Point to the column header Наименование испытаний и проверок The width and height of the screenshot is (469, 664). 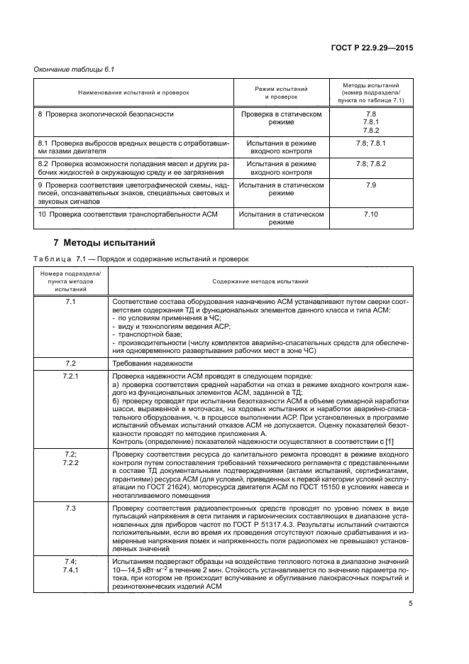click(135, 93)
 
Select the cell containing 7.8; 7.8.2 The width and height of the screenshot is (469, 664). click(370, 163)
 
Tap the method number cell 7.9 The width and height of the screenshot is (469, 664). click(370, 185)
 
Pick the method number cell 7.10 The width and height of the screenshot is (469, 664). click(370, 213)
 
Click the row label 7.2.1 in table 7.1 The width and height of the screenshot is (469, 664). click(70, 375)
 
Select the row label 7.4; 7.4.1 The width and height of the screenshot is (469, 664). click(70, 545)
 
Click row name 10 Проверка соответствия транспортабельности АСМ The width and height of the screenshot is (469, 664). click(126, 213)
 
